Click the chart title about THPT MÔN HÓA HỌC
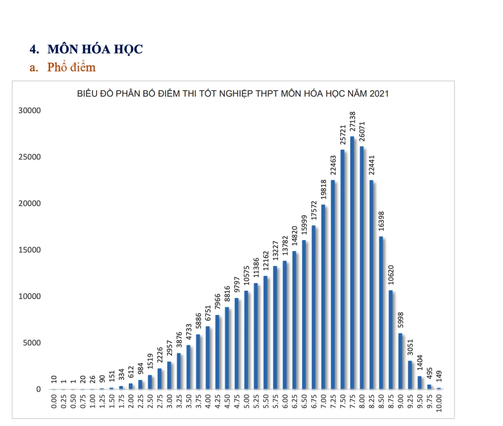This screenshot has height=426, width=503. (x=232, y=94)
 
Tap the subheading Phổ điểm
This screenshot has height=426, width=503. (x=71, y=67)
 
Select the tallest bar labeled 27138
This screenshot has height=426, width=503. (x=352, y=262)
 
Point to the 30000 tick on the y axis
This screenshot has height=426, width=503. (x=30, y=110)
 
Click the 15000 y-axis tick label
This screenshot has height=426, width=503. (x=30, y=250)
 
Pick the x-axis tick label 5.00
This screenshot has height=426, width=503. (x=246, y=404)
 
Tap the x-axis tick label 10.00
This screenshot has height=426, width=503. (x=439, y=404)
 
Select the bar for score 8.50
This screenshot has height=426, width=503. (x=381, y=312)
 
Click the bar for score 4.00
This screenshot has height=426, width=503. (x=208, y=358)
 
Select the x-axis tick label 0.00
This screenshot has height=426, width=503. (x=54, y=404)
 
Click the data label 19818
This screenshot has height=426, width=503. (x=323, y=190)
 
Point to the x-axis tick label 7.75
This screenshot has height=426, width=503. (x=352, y=404)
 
